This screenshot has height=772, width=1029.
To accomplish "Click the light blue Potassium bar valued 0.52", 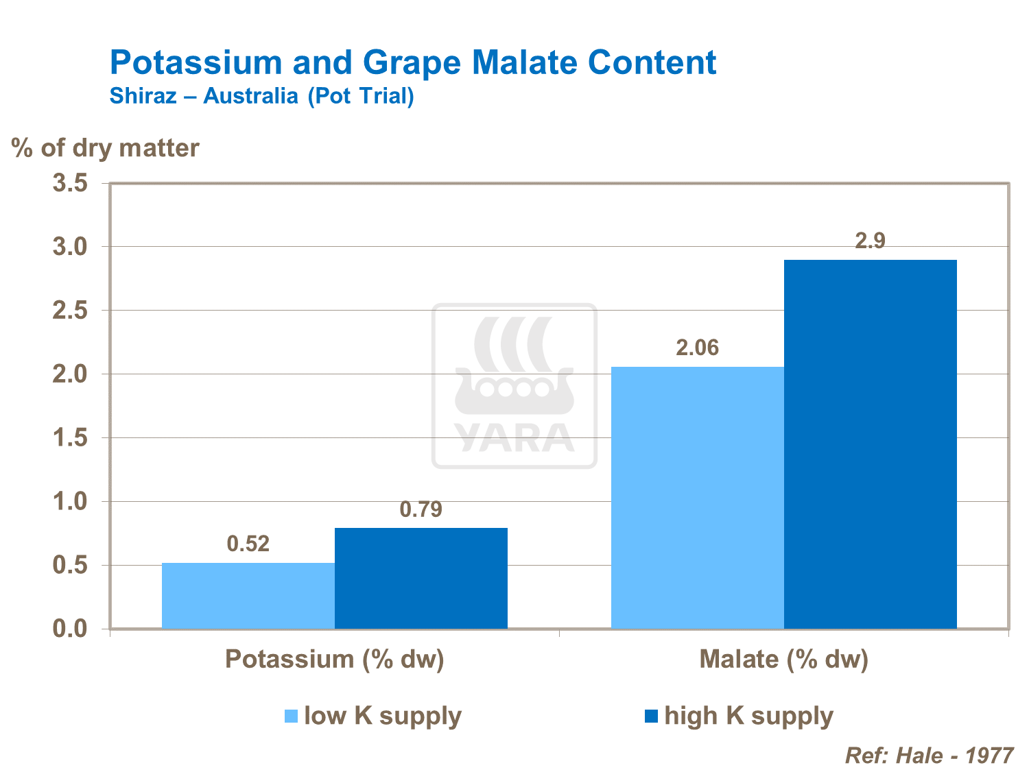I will coord(248,595).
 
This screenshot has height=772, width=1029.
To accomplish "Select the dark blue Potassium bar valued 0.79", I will coord(421,578).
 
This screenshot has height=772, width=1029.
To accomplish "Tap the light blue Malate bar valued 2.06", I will coord(698,498).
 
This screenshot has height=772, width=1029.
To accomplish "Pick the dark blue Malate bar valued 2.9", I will coord(871,444).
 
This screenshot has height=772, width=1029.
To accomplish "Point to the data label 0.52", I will coord(248,544).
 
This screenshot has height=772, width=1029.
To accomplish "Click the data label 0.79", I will coord(421,509).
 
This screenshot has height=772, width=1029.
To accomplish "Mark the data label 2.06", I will coord(698,348).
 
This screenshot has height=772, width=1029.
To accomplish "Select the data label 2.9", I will coord(871,241).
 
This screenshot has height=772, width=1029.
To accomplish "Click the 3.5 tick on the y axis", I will coord(71,183).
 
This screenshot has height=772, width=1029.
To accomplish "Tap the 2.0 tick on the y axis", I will coord(71,374).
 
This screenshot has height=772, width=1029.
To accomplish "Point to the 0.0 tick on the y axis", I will coord(71,629).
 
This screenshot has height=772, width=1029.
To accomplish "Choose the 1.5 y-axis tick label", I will coord(71,438).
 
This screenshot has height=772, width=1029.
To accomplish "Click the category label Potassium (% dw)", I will coord(335,659).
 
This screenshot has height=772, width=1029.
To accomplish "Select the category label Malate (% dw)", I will coord(784,659).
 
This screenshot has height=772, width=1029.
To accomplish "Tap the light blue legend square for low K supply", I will coord(292,716).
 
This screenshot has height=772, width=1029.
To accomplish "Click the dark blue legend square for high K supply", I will coord(651,716).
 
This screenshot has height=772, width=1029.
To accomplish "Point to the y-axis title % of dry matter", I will coord(106,148).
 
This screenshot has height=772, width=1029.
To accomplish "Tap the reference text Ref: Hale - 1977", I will coord(929,756).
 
